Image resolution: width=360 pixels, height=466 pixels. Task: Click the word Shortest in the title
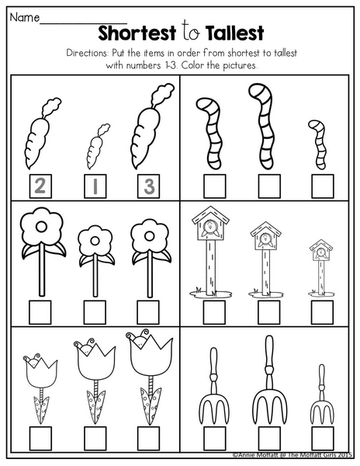tap(137, 33)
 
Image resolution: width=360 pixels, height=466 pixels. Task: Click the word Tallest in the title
tap(234, 33)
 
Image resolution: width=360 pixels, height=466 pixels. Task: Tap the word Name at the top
tap(25, 17)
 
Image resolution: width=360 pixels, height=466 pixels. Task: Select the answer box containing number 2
tap(40, 186)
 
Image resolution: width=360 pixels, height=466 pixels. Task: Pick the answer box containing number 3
tap(148, 186)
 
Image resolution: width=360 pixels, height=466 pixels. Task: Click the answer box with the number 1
tap(95, 186)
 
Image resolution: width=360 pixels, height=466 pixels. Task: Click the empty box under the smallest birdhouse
tap(322, 312)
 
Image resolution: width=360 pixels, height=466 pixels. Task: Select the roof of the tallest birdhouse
tap(210, 214)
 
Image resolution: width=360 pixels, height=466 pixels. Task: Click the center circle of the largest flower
tap(41, 228)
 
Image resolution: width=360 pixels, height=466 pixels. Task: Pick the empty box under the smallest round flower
tap(95, 312)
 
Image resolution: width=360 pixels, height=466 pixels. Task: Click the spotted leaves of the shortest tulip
tap(41, 409)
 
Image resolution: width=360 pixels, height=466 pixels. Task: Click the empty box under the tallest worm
tap(269, 186)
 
